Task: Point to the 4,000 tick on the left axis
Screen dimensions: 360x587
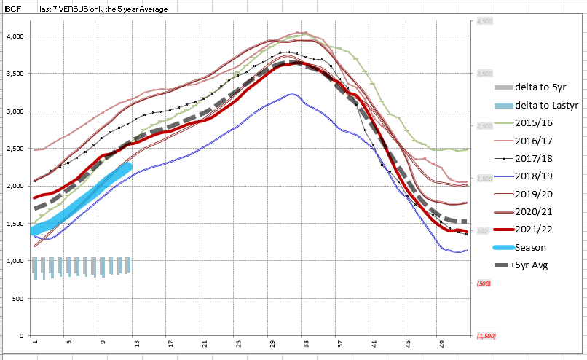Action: pyautogui.click(x=15, y=36)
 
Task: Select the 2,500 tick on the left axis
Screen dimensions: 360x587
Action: pyautogui.click(x=15, y=149)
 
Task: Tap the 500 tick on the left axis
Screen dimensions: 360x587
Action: pyautogui.click(x=19, y=299)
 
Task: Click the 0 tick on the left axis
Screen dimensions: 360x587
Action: pyautogui.click(x=23, y=336)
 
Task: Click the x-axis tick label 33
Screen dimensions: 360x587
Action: pyautogui.click(x=307, y=343)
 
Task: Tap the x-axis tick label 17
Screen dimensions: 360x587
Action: pyautogui.click(x=170, y=343)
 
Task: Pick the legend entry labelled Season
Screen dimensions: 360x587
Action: pyautogui.click(x=531, y=247)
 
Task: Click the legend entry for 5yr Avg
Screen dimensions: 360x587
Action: pyautogui.click(x=532, y=265)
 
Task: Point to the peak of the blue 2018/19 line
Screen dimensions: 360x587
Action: pyautogui.click(x=291, y=94)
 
